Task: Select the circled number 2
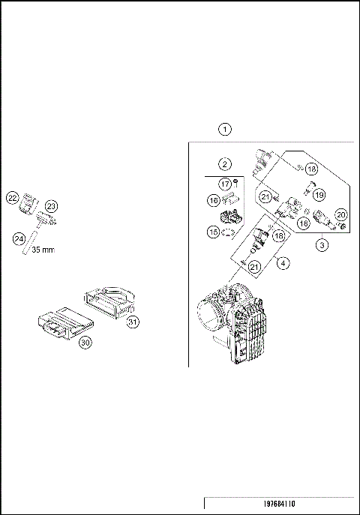224,163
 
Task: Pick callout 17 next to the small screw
224,184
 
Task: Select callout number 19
318,195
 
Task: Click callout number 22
13,198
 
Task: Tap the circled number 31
133,322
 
